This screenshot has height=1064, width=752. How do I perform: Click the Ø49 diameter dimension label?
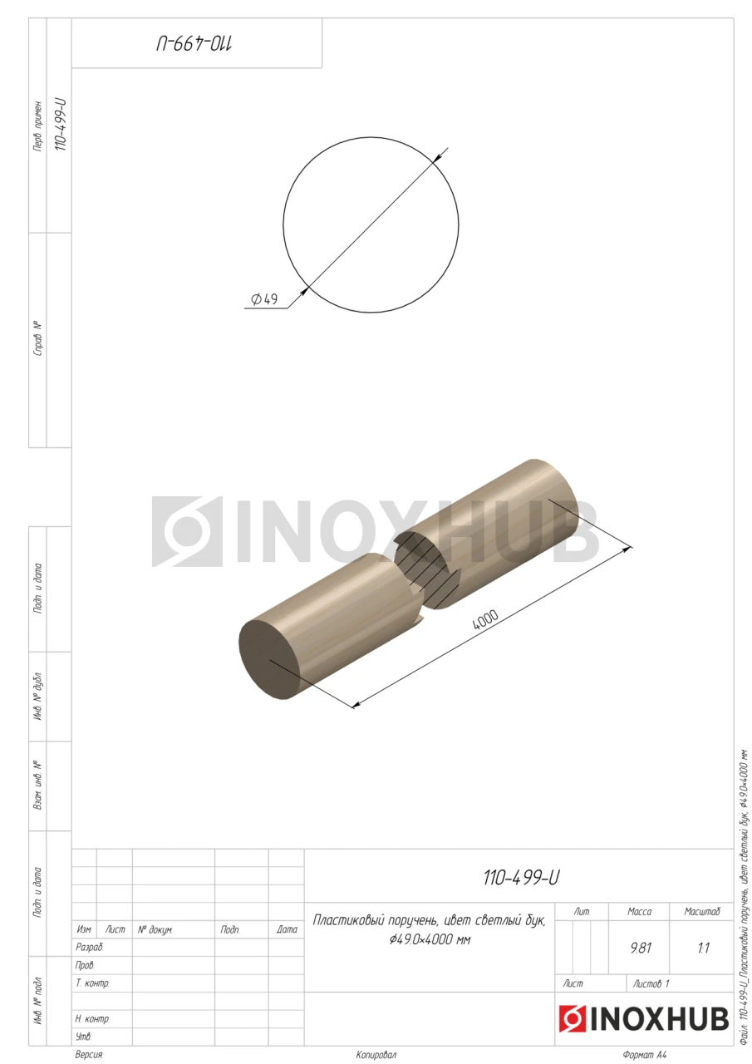[x=264, y=298]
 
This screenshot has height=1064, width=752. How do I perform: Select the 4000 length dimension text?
[x=485, y=619]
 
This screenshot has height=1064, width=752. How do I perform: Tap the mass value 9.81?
[x=641, y=948]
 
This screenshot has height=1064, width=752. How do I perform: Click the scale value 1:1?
[x=704, y=948]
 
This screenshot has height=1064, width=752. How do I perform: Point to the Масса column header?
[x=640, y=912]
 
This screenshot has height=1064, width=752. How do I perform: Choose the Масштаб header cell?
[x=702, y=912]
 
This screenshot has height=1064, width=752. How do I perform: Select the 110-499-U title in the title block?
[x=521, y=878]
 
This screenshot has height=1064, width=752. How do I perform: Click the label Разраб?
[x=89, y=948]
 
